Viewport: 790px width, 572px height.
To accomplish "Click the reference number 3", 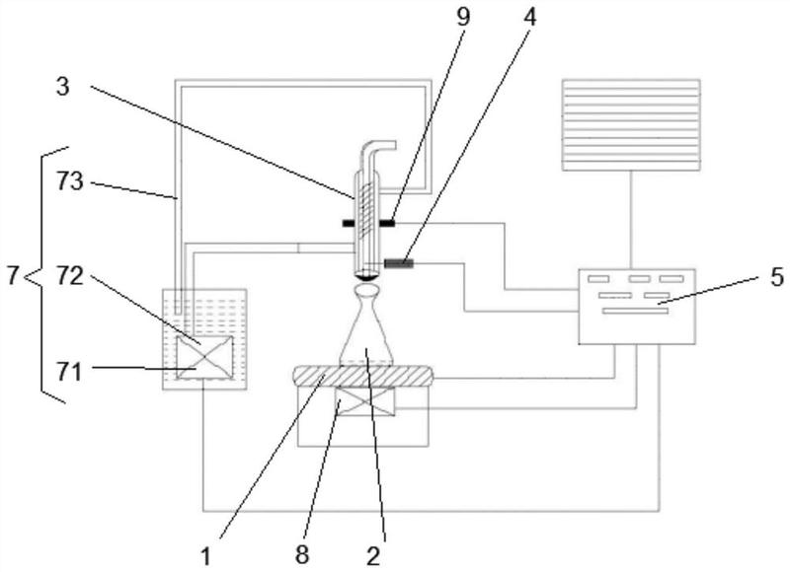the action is (62, 87).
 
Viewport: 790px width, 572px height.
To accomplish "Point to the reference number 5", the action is (777, 276).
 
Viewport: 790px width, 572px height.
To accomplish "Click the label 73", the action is (69, 181).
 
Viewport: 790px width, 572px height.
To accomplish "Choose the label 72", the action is (69, 276).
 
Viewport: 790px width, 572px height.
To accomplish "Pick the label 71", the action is (68, 373).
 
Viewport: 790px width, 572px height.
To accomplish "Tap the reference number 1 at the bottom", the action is (206, 557).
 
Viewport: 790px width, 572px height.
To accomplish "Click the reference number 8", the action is (302, 555).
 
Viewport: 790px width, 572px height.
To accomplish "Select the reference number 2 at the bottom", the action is (373, 556).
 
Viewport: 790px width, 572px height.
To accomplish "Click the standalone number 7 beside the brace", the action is (13, 276).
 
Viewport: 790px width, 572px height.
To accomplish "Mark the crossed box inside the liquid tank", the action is (204, 357).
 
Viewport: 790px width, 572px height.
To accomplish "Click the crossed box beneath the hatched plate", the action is (365, 401).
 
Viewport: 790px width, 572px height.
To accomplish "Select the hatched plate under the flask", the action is (362, 376).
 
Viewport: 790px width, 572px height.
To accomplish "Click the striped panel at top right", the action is (631, 125).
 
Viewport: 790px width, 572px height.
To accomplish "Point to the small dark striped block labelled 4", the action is (400, 262).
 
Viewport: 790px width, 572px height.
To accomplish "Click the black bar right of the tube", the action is (386, 223).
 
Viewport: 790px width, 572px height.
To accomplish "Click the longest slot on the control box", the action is (635, 311).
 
